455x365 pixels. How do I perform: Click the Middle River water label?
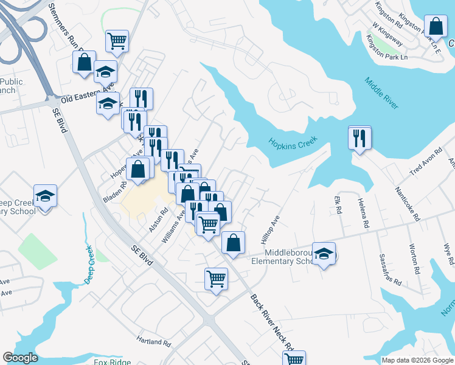[x=382, y=93]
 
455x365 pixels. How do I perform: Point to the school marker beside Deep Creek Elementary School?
[x=45, y=196]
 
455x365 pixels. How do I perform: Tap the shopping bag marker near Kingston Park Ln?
[x=436, y=26]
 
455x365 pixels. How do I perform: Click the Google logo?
[x=20, y=358]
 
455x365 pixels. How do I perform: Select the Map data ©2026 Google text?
[x=417, y=360]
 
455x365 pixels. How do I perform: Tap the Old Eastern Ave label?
[x=88, y=95]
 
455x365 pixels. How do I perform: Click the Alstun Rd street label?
[x=159, y=220]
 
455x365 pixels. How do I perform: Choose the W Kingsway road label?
[x=389, y=35]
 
